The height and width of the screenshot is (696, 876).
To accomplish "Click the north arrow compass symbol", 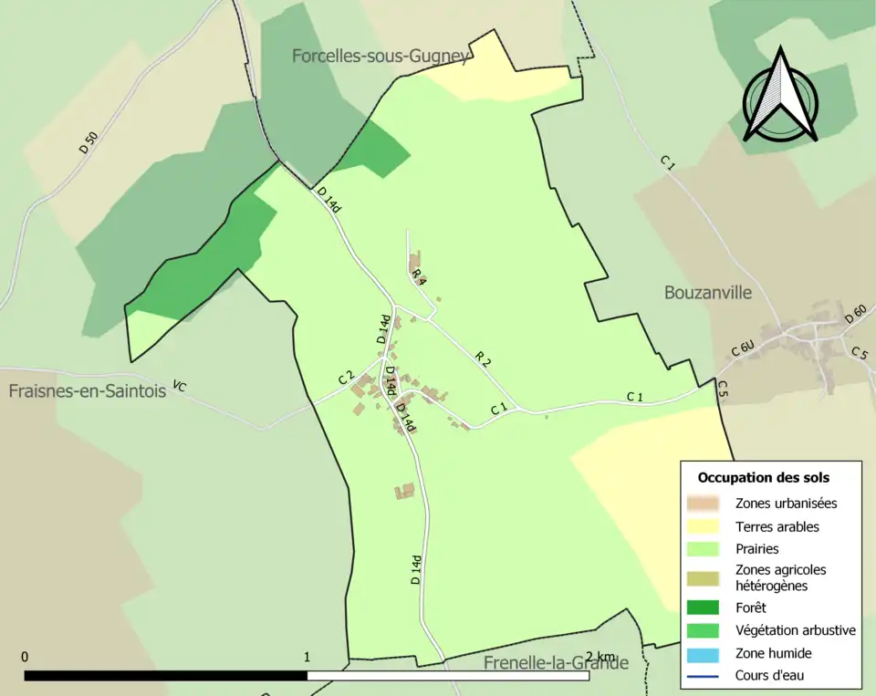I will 780,96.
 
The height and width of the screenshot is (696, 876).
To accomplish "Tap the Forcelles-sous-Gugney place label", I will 381,56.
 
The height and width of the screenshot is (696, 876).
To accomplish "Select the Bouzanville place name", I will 708,293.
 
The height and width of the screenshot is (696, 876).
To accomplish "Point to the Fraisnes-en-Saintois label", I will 88,390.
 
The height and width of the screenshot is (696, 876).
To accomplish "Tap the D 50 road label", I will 89,142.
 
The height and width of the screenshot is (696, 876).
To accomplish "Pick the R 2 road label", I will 483,359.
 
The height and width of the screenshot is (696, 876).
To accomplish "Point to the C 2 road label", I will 345,378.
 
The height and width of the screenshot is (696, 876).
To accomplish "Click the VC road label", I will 179,388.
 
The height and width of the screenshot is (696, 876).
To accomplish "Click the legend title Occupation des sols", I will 763,477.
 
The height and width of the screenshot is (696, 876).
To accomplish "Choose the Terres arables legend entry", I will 777,526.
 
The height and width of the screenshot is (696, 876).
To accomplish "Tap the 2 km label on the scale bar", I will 600,657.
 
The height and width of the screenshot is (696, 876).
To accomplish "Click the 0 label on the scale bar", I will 25,657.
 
